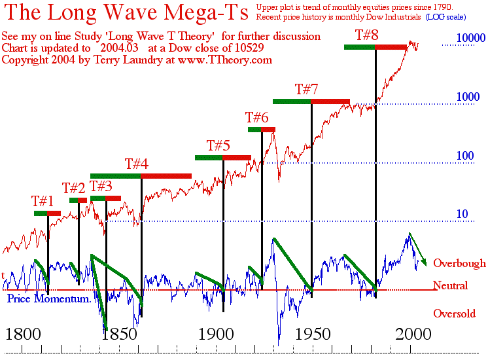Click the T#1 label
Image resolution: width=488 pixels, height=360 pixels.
pos(43,201)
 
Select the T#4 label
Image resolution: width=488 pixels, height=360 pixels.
pos(136,164)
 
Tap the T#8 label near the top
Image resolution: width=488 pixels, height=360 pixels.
pos(366,35)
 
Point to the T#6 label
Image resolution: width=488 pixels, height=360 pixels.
pos(256,118)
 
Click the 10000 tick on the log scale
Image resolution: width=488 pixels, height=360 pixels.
pos(461,39)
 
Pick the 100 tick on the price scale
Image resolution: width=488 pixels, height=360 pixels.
pos(465,156)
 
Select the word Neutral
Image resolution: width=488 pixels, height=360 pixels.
pos(450,286)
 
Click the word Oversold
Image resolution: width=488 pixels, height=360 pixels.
pos(454,314)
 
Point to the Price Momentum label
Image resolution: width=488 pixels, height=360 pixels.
pos(48,298)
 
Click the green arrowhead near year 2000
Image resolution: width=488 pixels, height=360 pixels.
pos(423,262)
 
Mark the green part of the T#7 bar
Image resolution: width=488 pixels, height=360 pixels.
pos(292,101)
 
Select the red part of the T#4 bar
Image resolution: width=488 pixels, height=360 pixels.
pos(166,175)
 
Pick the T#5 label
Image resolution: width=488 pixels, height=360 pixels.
pos(218,145)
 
